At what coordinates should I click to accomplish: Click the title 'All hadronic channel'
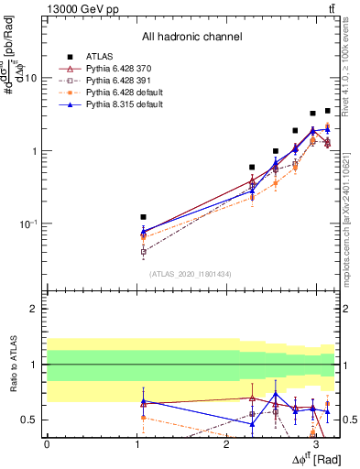click(x=191, y=37)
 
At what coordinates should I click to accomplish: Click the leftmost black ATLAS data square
click(x=143, y=217)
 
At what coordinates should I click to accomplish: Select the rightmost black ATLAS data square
click(x=327, y=111)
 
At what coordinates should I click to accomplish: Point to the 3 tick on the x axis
click(x=315, y=443)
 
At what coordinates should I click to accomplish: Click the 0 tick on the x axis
click(x=47, y=443)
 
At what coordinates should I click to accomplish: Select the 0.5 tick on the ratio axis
click(x=33, y=420)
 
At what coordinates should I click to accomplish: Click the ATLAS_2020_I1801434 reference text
click(x=191, y=274)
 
